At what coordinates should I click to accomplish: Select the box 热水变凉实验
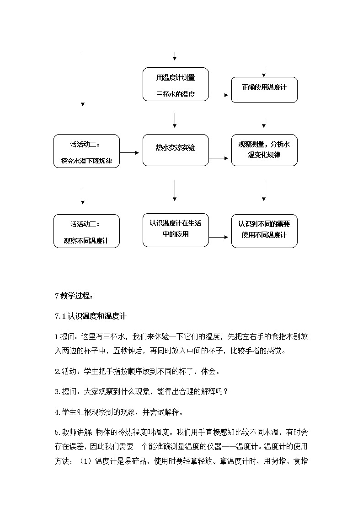point(176,150)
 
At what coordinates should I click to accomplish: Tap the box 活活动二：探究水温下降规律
point(86,151)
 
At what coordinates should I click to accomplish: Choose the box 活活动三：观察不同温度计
point(86,231)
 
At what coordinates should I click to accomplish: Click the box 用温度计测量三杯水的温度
point(176,85)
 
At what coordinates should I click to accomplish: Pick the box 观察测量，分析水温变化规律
point(264,150)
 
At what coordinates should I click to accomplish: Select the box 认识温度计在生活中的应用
point(176,230)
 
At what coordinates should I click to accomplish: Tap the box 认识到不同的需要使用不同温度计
point(264,231)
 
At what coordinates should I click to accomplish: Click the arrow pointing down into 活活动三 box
point(83,196)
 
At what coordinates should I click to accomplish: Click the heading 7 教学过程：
point(74,296)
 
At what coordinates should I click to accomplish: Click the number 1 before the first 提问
point(56,337)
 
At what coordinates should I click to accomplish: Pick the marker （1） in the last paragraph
point(86,461)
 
